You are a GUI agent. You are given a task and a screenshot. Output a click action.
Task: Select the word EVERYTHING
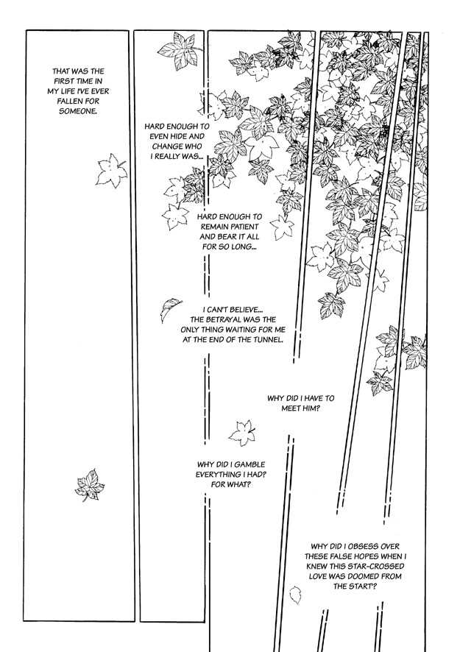point(213,475)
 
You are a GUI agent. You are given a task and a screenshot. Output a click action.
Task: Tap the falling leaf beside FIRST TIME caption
point(111,171)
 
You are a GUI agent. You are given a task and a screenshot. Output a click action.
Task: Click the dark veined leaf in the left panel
point(90,485)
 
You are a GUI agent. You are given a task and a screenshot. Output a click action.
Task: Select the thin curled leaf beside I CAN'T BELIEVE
point(171,308)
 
